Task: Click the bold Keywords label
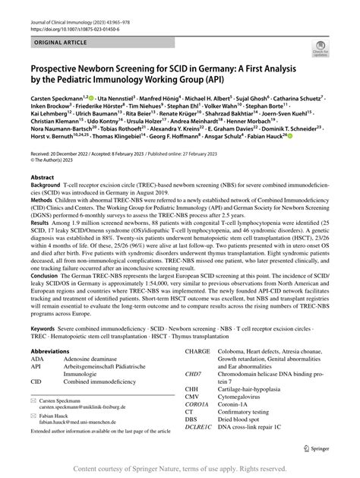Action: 44,360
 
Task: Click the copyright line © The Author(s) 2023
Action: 57,202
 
